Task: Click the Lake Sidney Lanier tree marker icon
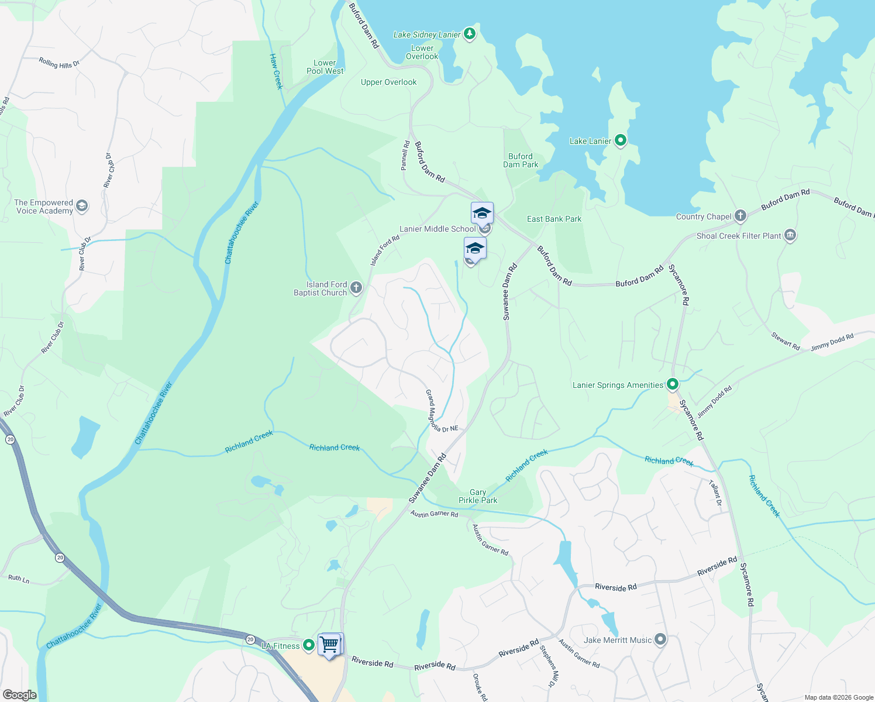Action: tap(469, 34)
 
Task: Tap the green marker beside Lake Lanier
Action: tap(621, 140)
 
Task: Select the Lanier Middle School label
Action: tap(437, 229)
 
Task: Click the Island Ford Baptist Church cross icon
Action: tap(356, 288)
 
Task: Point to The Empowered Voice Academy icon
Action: tap(82, 205)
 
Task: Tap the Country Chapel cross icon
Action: tap(740, 216)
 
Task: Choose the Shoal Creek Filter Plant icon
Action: tap(790, 235)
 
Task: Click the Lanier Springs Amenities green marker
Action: tap(673, 384)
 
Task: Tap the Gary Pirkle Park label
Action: tap(478, 496)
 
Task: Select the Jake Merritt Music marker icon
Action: tap(660, 639)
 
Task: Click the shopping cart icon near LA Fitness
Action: tap(329, 644)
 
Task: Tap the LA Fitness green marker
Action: tap(309, 645)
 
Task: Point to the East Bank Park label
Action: tap(554, 219)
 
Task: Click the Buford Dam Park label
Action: tap(521, 160)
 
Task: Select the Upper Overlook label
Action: tap(388, 82)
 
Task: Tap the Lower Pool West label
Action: tap(325, 67)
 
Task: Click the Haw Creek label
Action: tap(276, 71)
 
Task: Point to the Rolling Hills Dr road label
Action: tap(59, 63)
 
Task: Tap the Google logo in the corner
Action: tap(19, 695)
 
